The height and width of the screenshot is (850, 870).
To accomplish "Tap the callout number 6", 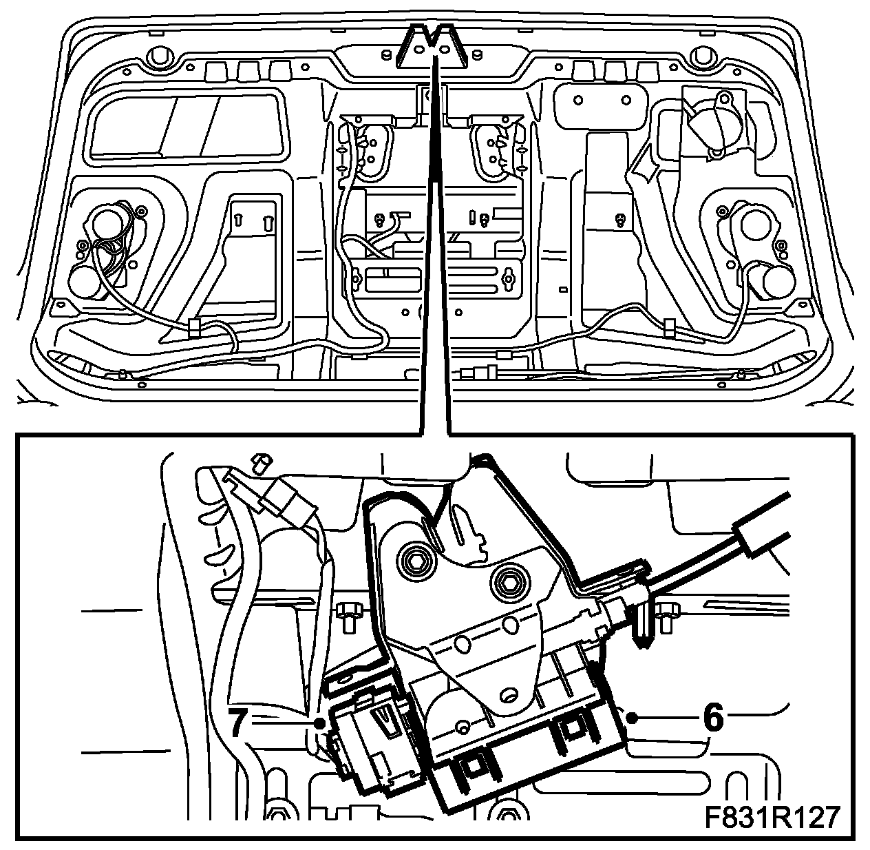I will coord(713,719).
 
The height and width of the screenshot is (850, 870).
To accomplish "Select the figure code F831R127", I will coord(772,818).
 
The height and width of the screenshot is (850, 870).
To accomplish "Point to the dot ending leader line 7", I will coord(319,723).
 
